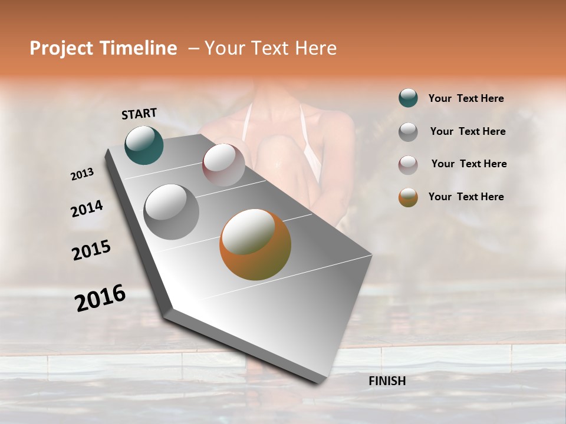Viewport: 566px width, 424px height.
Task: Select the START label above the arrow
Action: click(x=139, y=113)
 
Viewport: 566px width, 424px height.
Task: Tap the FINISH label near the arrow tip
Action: click(x=387, y=381)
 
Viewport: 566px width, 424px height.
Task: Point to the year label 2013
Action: click(x=82, y=174)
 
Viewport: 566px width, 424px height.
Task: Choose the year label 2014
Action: click(x=87, y=208)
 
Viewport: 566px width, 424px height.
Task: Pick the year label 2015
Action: click(x=91, y=250)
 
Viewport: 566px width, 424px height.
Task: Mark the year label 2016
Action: click(x=100, y=298)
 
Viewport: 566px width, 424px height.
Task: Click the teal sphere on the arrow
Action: click(x=144, y=145)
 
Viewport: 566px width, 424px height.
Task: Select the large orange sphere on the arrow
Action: click(x=255, y=244)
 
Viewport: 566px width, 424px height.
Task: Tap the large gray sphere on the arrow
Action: click(x=171, y=211)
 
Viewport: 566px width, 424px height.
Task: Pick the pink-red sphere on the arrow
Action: click(x=223, y=164)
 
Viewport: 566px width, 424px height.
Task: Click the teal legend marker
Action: click(x=408, y=98)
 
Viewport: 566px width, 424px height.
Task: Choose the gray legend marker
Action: click(x=408, y=131)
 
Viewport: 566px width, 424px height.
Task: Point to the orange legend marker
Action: click(x=408, y=197)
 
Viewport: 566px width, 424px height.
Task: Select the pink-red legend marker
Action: click(x=408, y=164)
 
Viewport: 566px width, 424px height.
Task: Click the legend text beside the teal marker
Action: click(x=466, y=99)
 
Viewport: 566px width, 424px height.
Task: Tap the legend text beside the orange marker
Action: click(x=466, y=197)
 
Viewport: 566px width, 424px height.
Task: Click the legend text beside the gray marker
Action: click(x=468, y=131)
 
